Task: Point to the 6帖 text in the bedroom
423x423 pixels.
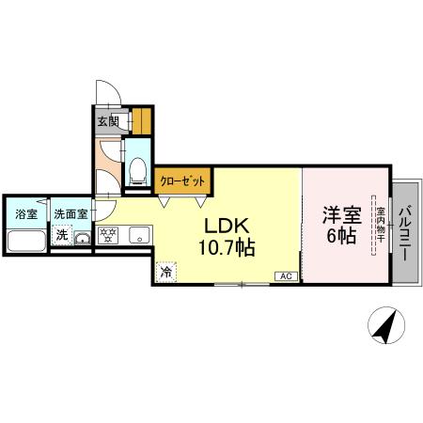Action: coord(340,236)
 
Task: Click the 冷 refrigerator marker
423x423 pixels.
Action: coord(165,273)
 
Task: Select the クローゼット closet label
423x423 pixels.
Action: coord(181,179)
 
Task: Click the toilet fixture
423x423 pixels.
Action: coord(137,169)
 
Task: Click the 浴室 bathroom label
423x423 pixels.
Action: coord(25,213)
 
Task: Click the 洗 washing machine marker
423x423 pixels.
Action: coord(61,234)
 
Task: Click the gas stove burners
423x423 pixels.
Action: coord(107,236)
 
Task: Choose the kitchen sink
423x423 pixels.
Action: coord(138,236)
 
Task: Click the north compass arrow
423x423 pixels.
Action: coord(384,326)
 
